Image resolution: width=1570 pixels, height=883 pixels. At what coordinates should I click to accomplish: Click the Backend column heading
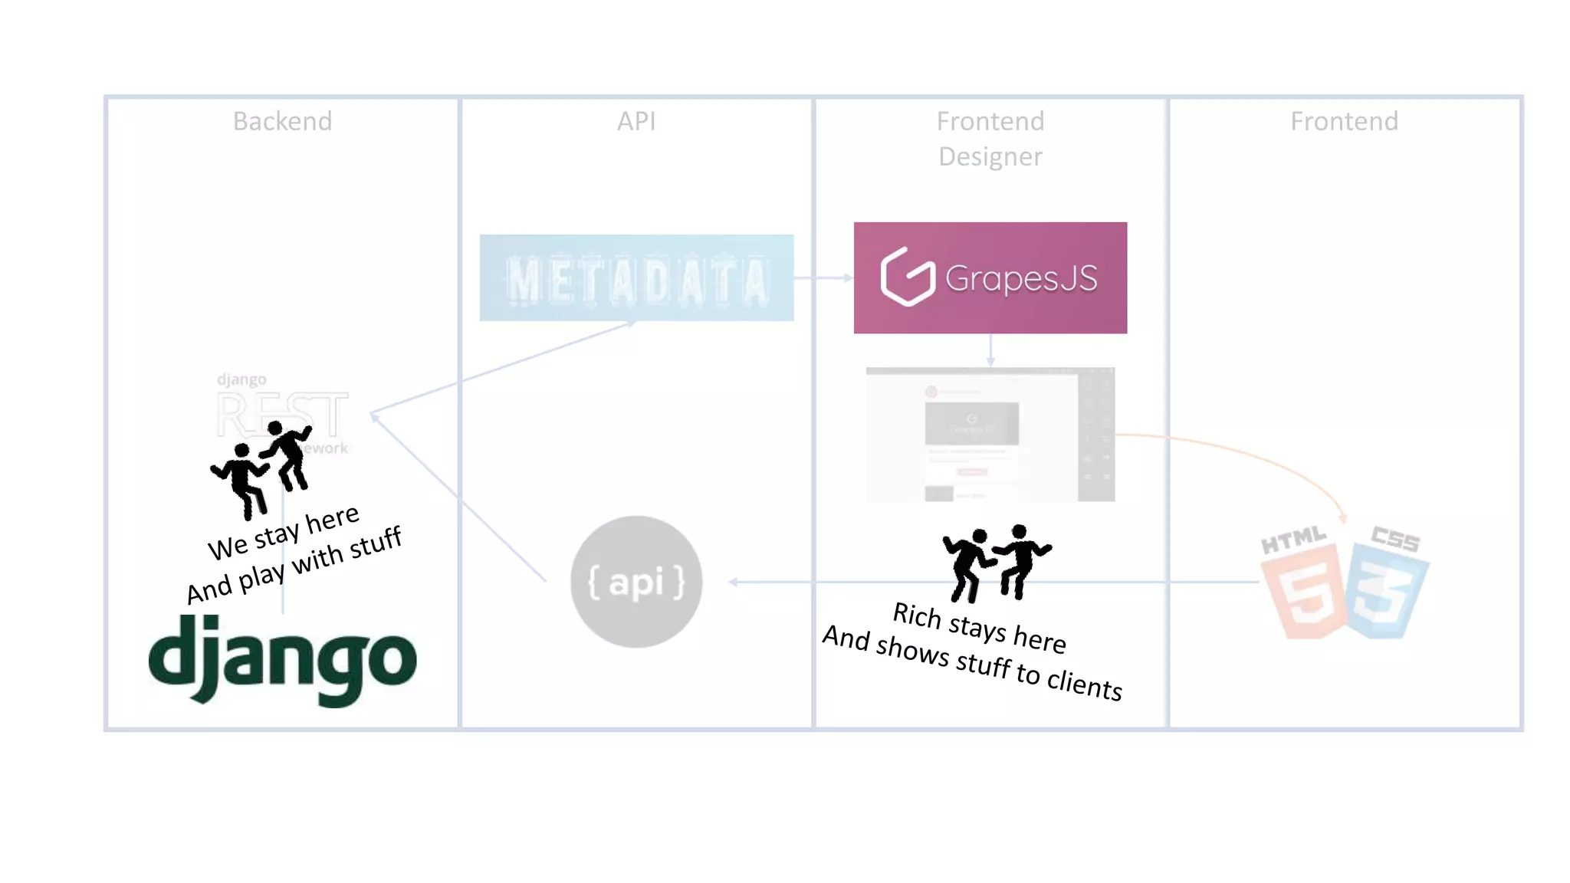coord(282,121)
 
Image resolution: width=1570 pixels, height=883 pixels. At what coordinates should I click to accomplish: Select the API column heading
coord(636,121)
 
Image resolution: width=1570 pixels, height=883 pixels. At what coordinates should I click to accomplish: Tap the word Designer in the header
coord(990,156)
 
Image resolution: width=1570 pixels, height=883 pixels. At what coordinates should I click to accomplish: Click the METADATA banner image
coord(636,278)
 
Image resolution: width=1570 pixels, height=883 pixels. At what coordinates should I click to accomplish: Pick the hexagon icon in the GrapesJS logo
coord(908,277)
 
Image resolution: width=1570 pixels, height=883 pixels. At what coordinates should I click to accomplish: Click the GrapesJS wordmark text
coord(1021,278)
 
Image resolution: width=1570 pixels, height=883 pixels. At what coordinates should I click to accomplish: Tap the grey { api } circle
coord(636,582)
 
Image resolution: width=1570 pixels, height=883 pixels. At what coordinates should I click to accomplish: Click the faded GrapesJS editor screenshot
coord(990,435)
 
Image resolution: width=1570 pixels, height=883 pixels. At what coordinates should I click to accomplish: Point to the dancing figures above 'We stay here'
coord(261,467)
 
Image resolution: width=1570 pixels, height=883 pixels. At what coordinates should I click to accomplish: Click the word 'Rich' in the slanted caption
coord(916,615)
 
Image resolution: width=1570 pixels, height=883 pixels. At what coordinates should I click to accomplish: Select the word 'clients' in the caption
coord(1084,684)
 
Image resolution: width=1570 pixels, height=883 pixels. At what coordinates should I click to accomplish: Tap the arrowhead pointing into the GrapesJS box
coord(848,277)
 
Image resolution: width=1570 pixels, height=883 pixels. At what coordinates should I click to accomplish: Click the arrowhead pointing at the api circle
coord(733,582)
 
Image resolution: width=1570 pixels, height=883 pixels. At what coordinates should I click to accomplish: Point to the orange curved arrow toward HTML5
coord(1257,456)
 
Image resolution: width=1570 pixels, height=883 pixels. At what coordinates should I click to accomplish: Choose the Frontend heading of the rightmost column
coord(1344,121)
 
